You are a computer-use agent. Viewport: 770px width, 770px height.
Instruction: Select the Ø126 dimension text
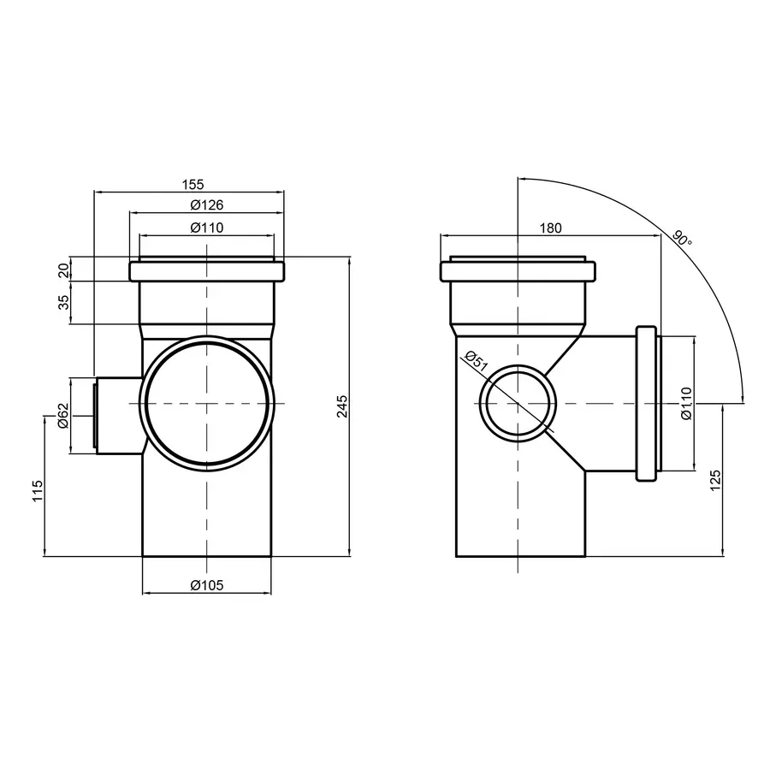(206, 205)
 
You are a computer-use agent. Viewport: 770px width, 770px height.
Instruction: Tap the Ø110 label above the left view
(206, 227)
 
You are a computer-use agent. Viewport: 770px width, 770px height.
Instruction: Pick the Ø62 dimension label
(63, 416)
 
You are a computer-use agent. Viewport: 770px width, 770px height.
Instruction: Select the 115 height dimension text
(37, 492)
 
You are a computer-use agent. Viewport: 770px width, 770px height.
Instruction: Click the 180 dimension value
(551, 228)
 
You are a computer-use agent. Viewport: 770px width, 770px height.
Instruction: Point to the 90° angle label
(682, 237)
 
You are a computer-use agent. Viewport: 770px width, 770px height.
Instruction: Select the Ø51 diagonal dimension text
(475, 364)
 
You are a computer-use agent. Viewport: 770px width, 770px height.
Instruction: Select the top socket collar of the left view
(206, 271)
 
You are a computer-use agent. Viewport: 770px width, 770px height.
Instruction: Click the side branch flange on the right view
(648, 403)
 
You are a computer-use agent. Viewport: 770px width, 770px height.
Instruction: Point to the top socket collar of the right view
(518, 271)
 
